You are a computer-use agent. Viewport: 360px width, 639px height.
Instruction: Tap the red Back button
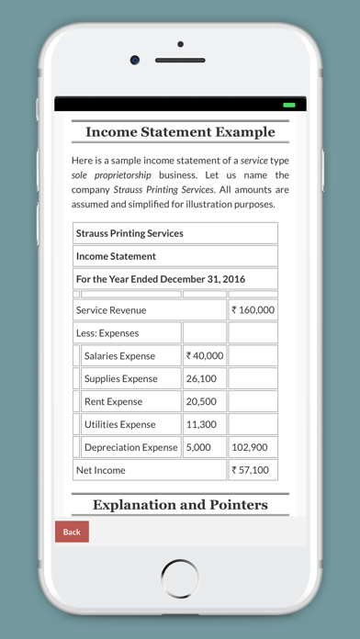pos(72,532)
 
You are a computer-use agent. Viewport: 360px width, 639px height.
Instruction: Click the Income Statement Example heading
pos(180,132)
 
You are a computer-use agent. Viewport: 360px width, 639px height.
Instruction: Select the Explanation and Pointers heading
pos(180,504)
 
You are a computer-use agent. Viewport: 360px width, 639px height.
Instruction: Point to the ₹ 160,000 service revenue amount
pos(253,310)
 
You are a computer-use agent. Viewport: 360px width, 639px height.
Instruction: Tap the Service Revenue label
pos(111,310)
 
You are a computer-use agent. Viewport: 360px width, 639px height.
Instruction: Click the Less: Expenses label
pos(108,333)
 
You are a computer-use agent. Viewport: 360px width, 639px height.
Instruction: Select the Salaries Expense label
pos(119,356)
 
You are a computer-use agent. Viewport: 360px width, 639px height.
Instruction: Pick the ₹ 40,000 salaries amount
pos(204,356)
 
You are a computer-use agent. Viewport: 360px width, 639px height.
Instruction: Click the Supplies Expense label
pos(121,378)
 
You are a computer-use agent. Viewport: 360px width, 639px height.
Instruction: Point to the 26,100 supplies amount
pos(201,378)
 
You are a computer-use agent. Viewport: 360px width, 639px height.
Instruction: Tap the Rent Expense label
pos(114,401)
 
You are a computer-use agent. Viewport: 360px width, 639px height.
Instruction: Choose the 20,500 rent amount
pos(201,401)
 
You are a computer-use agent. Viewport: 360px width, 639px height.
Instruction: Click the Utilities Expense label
pos(120,424)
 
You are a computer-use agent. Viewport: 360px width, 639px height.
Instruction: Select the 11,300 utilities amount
pos(201,424)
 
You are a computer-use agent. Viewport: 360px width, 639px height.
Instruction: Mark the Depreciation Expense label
pos(130,447)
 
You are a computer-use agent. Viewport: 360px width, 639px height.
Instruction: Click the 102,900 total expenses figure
pos(250,447)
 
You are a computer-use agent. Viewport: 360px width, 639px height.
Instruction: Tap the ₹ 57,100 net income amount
pos(251,470)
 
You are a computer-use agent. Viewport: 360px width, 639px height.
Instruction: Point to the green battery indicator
pos(288,106)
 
